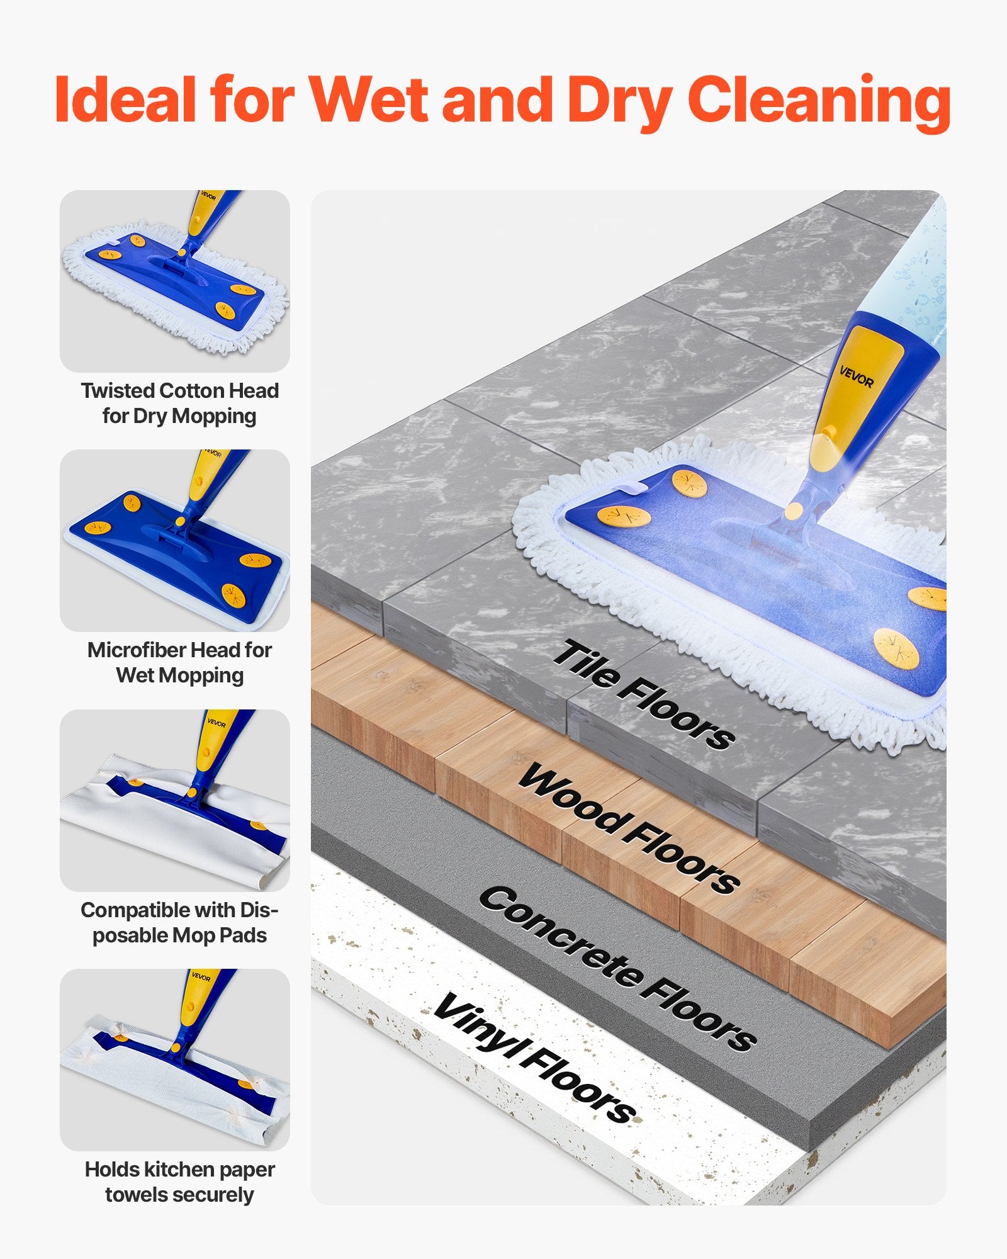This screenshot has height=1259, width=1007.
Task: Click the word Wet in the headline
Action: (368, 99)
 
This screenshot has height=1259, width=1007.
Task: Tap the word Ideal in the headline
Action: (125, 99)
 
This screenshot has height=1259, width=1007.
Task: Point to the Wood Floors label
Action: (629, 828)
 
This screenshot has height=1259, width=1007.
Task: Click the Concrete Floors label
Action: (617, 969)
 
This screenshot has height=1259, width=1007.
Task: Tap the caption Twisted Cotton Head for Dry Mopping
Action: (179, 403)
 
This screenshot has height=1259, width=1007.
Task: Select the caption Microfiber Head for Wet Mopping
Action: (179, 662)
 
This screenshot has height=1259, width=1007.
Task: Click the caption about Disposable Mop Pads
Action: (179, 922)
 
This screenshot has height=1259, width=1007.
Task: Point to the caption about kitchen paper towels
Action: (179, 1182)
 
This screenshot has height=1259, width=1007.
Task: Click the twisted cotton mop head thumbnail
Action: (175, 281)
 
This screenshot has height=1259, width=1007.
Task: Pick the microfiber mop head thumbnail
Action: (175, 540)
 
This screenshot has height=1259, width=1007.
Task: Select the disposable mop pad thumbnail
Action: (175, 800)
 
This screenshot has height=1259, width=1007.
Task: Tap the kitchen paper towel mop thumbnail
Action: (175, 1059)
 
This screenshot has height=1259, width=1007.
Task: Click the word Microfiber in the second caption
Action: (136, 650)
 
